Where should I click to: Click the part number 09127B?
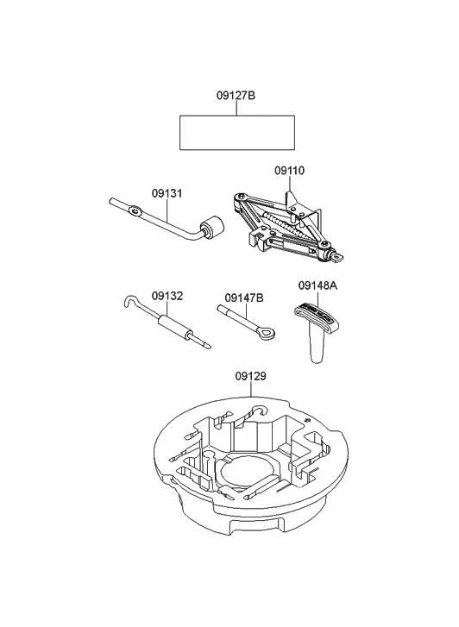pos(236,97)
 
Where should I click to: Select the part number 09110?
pos(289,171)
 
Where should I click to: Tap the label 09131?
pos(167,193)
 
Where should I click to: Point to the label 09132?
pos(167,295)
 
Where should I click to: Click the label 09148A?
pos(318,285)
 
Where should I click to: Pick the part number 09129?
pos(250,377)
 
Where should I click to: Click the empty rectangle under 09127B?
pos(236,132)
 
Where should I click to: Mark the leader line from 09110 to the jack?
pos(289,188)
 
